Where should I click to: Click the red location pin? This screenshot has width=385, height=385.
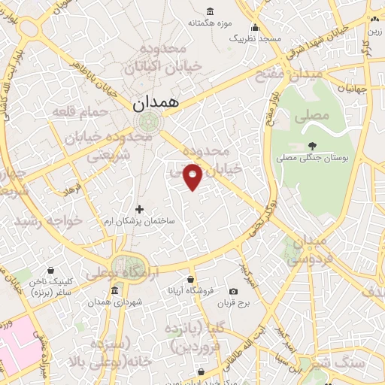[x=193, y=177]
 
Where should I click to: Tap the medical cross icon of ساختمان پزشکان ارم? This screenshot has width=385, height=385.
[x=139, y=209]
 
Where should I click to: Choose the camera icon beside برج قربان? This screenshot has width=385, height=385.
[x=233, y=292]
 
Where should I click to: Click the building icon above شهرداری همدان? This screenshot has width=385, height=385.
[x=115, y=291]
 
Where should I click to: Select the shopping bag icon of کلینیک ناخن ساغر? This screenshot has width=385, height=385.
[x=50, y=270]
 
